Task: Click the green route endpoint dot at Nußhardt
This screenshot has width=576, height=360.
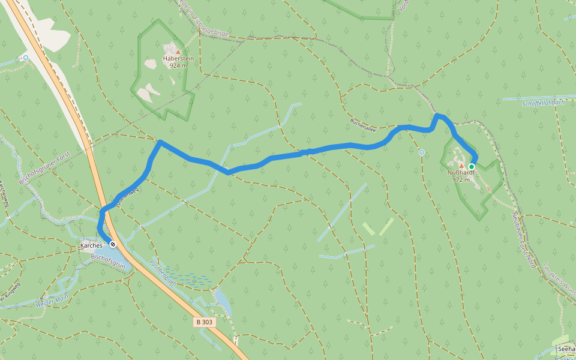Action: click(472, 166)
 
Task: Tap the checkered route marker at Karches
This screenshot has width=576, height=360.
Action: click(112, 244)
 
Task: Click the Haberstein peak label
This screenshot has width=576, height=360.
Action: click(178, 59)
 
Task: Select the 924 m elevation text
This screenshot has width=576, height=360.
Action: click(178, 66)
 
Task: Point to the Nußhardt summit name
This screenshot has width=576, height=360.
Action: click(461, 172)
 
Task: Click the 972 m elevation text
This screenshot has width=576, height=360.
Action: click(461, 179)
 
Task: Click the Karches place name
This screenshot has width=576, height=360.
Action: click(91, 246)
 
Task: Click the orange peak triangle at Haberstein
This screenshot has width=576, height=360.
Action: click(178, 52)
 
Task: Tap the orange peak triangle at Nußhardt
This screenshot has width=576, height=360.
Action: click(461, 166)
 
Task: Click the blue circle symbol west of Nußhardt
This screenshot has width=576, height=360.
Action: click(422, 152)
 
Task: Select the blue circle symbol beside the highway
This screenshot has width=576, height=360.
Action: click(25, 58)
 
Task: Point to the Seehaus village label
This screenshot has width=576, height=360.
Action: click(566, 349)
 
